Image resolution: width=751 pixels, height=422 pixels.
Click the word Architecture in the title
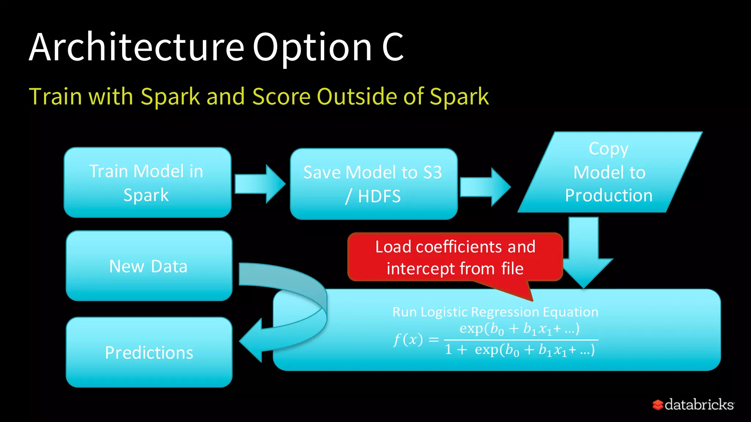pos(136,47)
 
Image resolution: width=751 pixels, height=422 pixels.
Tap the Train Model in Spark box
pos(147,182)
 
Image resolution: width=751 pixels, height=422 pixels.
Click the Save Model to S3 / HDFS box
pos(373,184)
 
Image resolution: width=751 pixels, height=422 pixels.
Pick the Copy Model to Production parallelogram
pos(609,172)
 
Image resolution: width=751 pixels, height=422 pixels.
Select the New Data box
pos(149,266)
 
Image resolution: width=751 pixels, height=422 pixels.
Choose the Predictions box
pos(149,352)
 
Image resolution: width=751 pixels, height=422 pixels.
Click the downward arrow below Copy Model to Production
pos(584,253)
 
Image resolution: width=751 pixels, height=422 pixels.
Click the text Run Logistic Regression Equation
pos(495,312)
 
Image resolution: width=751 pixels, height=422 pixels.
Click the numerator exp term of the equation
pos(519,329)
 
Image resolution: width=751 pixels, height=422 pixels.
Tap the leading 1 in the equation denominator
pos(448,350)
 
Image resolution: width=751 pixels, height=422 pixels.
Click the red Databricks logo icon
pos(658,405)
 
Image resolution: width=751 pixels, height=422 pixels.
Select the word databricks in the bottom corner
pos(699,405)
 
